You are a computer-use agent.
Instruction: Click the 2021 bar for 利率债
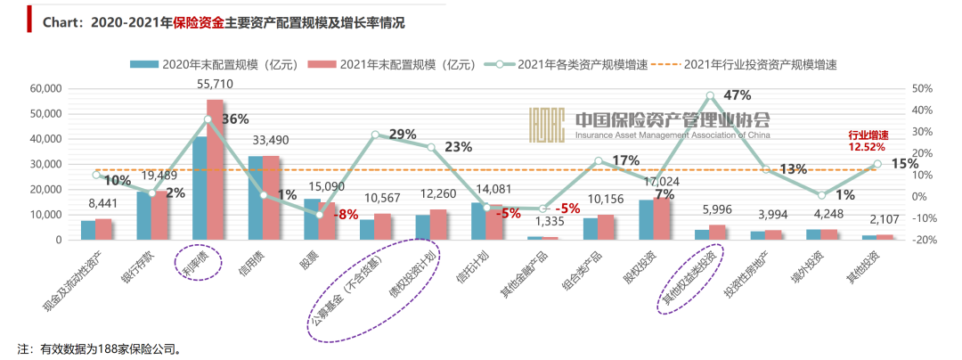point(216,169)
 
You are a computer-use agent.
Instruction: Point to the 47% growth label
point(738,94)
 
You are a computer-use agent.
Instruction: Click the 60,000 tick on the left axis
point(45,89)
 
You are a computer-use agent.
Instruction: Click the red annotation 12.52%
point(868,147)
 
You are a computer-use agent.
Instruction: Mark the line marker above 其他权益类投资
point(710,95)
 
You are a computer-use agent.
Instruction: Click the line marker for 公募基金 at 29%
point(375,135)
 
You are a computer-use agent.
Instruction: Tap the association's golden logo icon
point(546,126)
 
